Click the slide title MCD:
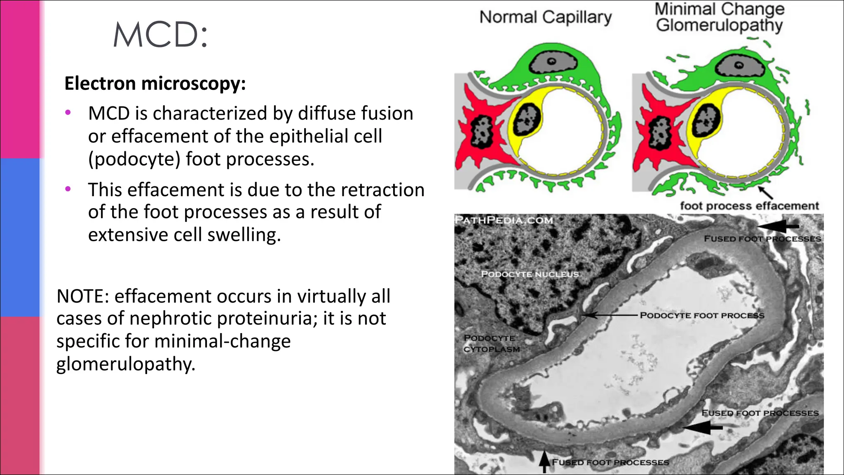(160, 35)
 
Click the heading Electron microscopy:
(155, 83)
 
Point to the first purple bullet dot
(68, 112)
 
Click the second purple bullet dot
(68, 189)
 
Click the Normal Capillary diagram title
(545, 17)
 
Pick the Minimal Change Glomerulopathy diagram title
(719, 17)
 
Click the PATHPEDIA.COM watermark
(504, 220)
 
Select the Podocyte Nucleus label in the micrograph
(530, 274)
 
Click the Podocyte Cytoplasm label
(491, 343)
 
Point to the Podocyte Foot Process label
(702, 315)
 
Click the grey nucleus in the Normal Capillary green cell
(551, 62)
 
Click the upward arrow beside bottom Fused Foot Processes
(544, 461)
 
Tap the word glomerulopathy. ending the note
(126, 364)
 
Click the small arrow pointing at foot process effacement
(765, 192)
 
